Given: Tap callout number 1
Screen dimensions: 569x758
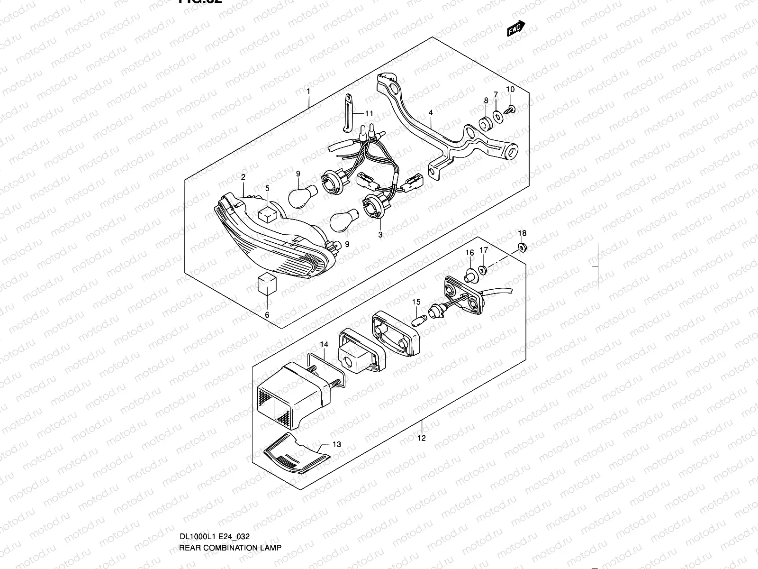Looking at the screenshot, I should coord(308,91).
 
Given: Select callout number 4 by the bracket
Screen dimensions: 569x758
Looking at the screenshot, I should coord(431,113).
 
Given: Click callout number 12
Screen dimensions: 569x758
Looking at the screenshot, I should coord(422,438).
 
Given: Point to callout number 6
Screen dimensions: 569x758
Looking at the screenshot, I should coord(267,315).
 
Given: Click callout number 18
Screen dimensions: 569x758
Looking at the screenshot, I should coord(522,233).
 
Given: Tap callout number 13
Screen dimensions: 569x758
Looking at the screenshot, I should coord(337,444).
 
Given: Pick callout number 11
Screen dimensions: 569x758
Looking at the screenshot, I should coord(369,113).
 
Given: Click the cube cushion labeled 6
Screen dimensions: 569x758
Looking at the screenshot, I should coord(267,284).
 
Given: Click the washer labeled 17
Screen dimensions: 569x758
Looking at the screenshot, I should coord(483,270).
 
